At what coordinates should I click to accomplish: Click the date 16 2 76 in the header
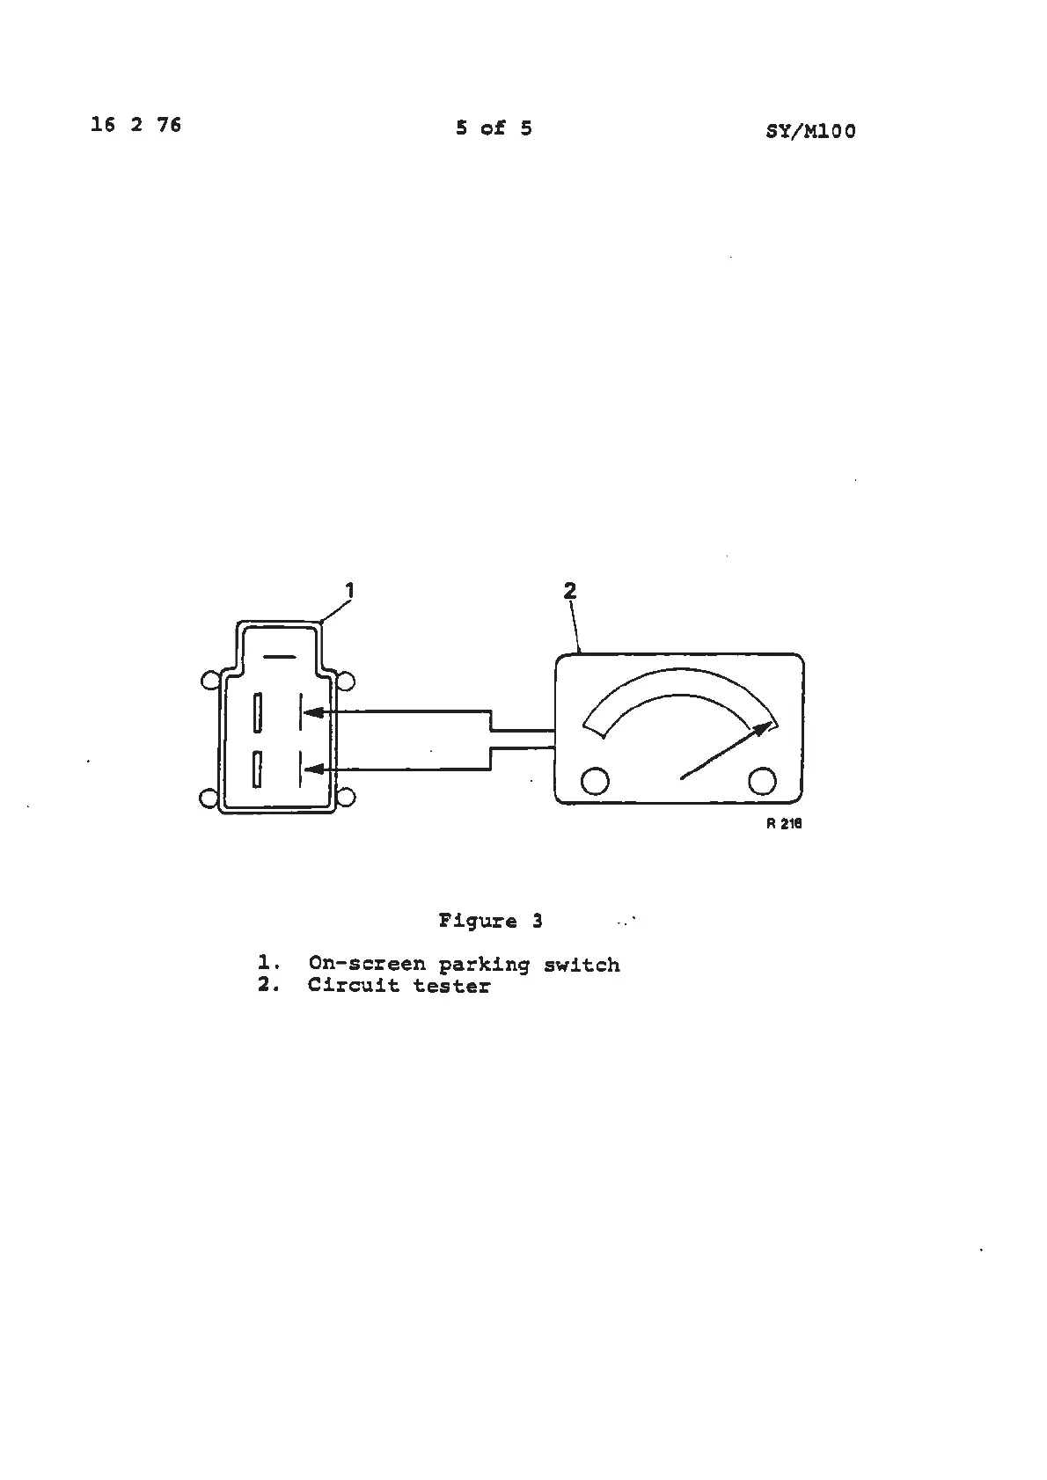click(135, 125)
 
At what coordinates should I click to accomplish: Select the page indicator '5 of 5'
click(494, 128)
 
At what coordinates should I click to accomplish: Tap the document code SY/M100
click(810, 132)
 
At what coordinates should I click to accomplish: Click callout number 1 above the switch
click(349, 590)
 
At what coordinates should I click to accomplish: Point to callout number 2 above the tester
click(570, 591)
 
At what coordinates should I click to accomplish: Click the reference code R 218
click(784, 824)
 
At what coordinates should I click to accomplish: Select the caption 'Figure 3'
click(490, 921)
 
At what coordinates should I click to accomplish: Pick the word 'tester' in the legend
click(451, 986)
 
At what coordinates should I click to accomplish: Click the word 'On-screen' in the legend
click(367, 965)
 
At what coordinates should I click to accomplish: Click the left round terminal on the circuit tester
click(596, 780)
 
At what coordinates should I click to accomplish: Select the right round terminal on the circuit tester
click(762, 780)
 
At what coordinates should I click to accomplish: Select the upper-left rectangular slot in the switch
click(258, 712)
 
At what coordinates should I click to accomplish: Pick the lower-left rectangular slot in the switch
click(258, 769)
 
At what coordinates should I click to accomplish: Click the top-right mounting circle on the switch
click(347, 681)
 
